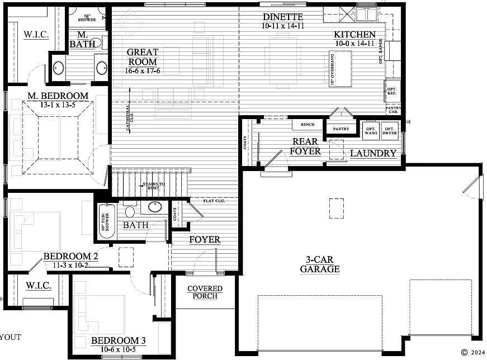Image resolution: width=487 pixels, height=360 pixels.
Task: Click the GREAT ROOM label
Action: pyautogui.click(x=143, y=57)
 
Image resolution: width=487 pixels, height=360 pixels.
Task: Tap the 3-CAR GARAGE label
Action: pyautogui.click(x=319, y=264)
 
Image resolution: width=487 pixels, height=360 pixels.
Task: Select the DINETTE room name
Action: pyautogui.click(x=282, y=17)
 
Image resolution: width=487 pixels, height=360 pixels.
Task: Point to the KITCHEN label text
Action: pyautogui.click(x=355, y=35)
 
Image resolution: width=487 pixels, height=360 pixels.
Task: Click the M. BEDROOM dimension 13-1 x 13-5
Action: pyautogui.click(x=58, y=104)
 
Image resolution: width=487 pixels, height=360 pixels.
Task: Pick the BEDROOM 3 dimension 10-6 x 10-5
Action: pyautogui.click(x=118, y=349)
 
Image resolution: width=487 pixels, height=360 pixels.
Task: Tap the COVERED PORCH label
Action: pyautogui.click(x=205, y=292)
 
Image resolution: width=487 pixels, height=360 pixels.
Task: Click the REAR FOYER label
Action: pyautogui.click(x=306, y=146)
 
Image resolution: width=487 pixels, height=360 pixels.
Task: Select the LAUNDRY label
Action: pyautogui.click(x=373, y=153)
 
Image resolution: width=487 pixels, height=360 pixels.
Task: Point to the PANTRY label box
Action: pyautogui.click(x=341, y=129)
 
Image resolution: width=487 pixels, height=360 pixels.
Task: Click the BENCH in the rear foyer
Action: pyautogui.click(x=307, y=125)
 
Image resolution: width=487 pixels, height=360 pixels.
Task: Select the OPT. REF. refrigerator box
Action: pyautogui.click(x=392, y=91)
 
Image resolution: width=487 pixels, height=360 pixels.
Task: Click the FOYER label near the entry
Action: pyautogui.click(x=205, y=240)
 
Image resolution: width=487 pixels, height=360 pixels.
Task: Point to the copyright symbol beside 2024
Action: pyautogui.click(x=464, y=352)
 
